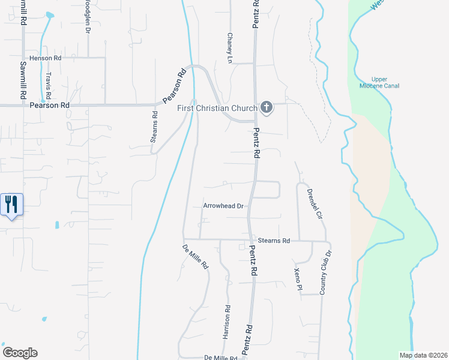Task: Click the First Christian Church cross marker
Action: click(x=267, y=108)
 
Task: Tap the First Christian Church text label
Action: click(x=217, y=108)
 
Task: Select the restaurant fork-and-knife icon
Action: click(x=11, y=205)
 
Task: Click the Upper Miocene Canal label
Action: click(x=379, y=83)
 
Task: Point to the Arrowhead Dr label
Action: click(x=223, y=206)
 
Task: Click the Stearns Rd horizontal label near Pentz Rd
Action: click(x=275, y=241)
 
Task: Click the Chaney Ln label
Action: click(x=229, y=47)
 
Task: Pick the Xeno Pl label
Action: click(x=297, y=279)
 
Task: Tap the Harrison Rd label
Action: click(x=228, y=325)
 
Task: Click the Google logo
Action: click(x=20, y=353)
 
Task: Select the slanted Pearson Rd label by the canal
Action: click(x=175, y=87)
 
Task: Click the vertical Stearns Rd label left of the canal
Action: click(x=154, y=127)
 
